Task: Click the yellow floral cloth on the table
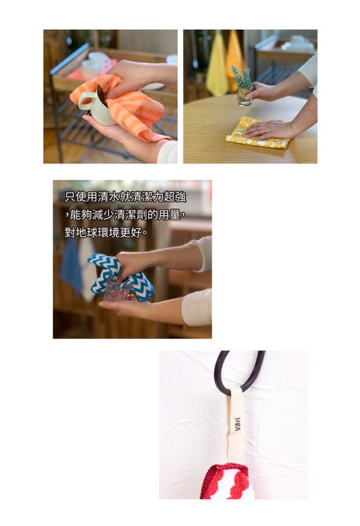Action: click(x=257, y=133)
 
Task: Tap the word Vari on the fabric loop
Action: click(x=238, y=424)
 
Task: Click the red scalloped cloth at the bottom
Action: click(x=226, y=481)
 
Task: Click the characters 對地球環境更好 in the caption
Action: click(x=106, y=232)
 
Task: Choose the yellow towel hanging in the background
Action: click(x=217, y=65)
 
